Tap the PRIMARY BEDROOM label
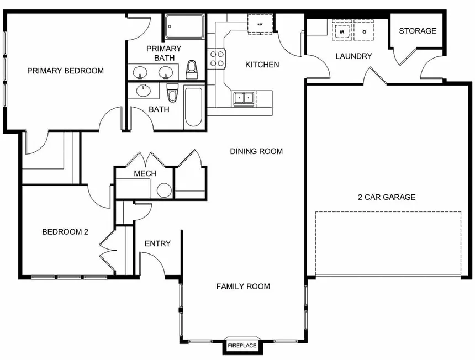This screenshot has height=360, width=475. click(65, 71)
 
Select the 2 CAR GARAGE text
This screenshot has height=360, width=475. click(387, 197)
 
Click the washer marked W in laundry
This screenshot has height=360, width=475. click(341, 31)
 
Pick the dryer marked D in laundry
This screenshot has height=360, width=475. click(364, 31)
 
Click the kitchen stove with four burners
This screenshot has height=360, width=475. click(216, 59)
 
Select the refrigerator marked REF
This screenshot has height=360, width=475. click(258, 25)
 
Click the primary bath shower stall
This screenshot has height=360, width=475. click(184, 26)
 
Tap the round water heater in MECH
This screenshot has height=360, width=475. click(164, 190)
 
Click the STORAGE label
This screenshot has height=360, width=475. click(418, 31)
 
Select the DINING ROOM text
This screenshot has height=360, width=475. click(256, 151)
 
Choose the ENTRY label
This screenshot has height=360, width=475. click(157, 243)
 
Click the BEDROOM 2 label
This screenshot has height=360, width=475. click(65, 232)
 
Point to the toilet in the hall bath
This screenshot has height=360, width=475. click(172, 93)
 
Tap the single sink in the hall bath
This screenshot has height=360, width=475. click(144, 90)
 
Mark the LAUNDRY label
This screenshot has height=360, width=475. click(353, 56)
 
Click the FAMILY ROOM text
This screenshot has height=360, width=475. click(243, 286)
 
